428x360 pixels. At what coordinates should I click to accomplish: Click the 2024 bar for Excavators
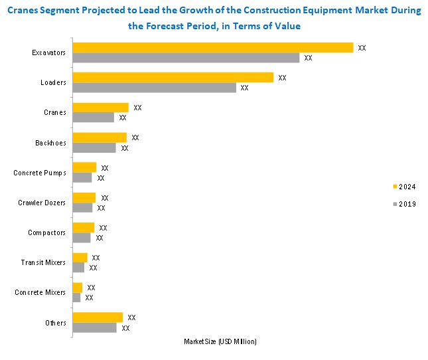(x=212, y=48)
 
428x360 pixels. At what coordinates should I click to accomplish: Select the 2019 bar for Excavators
(x=186, y=58)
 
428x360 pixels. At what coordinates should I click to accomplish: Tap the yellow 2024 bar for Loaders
(x=173, y=78)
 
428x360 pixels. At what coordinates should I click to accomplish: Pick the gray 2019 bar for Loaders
(x=154, y=88)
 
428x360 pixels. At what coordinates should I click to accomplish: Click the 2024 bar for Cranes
(x=100, y=108)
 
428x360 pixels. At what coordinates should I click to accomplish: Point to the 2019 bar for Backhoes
(x=94, y=147)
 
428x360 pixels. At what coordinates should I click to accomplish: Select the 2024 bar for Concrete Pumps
(x=84, y=167)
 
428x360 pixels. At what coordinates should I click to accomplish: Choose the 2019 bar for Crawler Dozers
(x=82, y=207)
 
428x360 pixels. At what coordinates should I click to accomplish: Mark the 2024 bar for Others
(x=98, y=317)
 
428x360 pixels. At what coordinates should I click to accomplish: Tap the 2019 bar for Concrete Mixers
(x=76, y=298)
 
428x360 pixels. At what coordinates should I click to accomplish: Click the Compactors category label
(x=46, y=232)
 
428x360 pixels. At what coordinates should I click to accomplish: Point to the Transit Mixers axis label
(x=43, y=262)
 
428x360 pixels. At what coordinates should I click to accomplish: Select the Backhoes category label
(x=50, y=142)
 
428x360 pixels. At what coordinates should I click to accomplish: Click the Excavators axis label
(x=48, y=52)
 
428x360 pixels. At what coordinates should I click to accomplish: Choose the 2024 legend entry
(x=403, y=187)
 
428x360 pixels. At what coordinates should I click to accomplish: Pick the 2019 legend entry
(x=403, y=204)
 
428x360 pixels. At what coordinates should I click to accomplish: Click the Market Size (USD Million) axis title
(x=220, y=341)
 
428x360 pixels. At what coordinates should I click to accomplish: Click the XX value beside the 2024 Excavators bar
(x=362, y=48)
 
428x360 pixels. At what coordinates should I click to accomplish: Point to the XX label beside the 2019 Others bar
(x=125, y=327)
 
